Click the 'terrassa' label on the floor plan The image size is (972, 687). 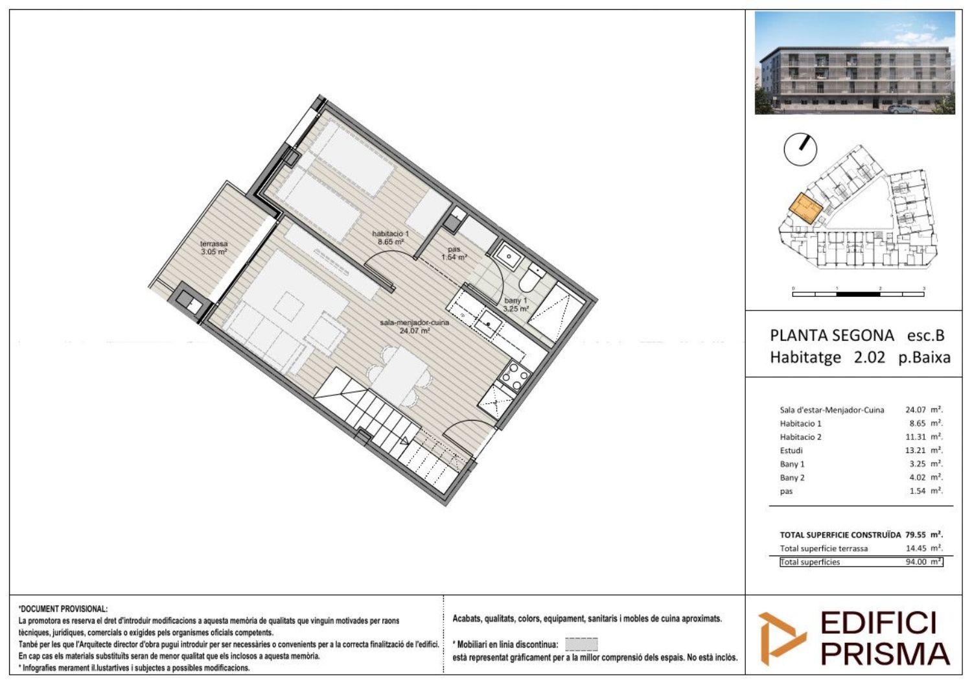point(214,244)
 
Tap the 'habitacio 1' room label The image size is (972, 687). point(391,233)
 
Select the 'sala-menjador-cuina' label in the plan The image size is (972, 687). point(415,323)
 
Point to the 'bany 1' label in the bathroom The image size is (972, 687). point(516,300)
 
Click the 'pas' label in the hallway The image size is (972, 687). point(454,249)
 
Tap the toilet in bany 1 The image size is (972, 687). point(531,278)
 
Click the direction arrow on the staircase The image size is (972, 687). point(404,441)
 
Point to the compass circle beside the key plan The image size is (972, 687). point(800,150)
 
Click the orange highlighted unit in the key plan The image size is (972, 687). point(805,208)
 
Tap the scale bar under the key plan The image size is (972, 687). point(858,294)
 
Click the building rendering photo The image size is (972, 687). point(855,63)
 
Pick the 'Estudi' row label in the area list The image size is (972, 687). point(791,450)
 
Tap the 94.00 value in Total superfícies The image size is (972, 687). point(916,561)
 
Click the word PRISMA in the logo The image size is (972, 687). point(885,655)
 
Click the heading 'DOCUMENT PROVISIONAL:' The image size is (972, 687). point(63,609)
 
